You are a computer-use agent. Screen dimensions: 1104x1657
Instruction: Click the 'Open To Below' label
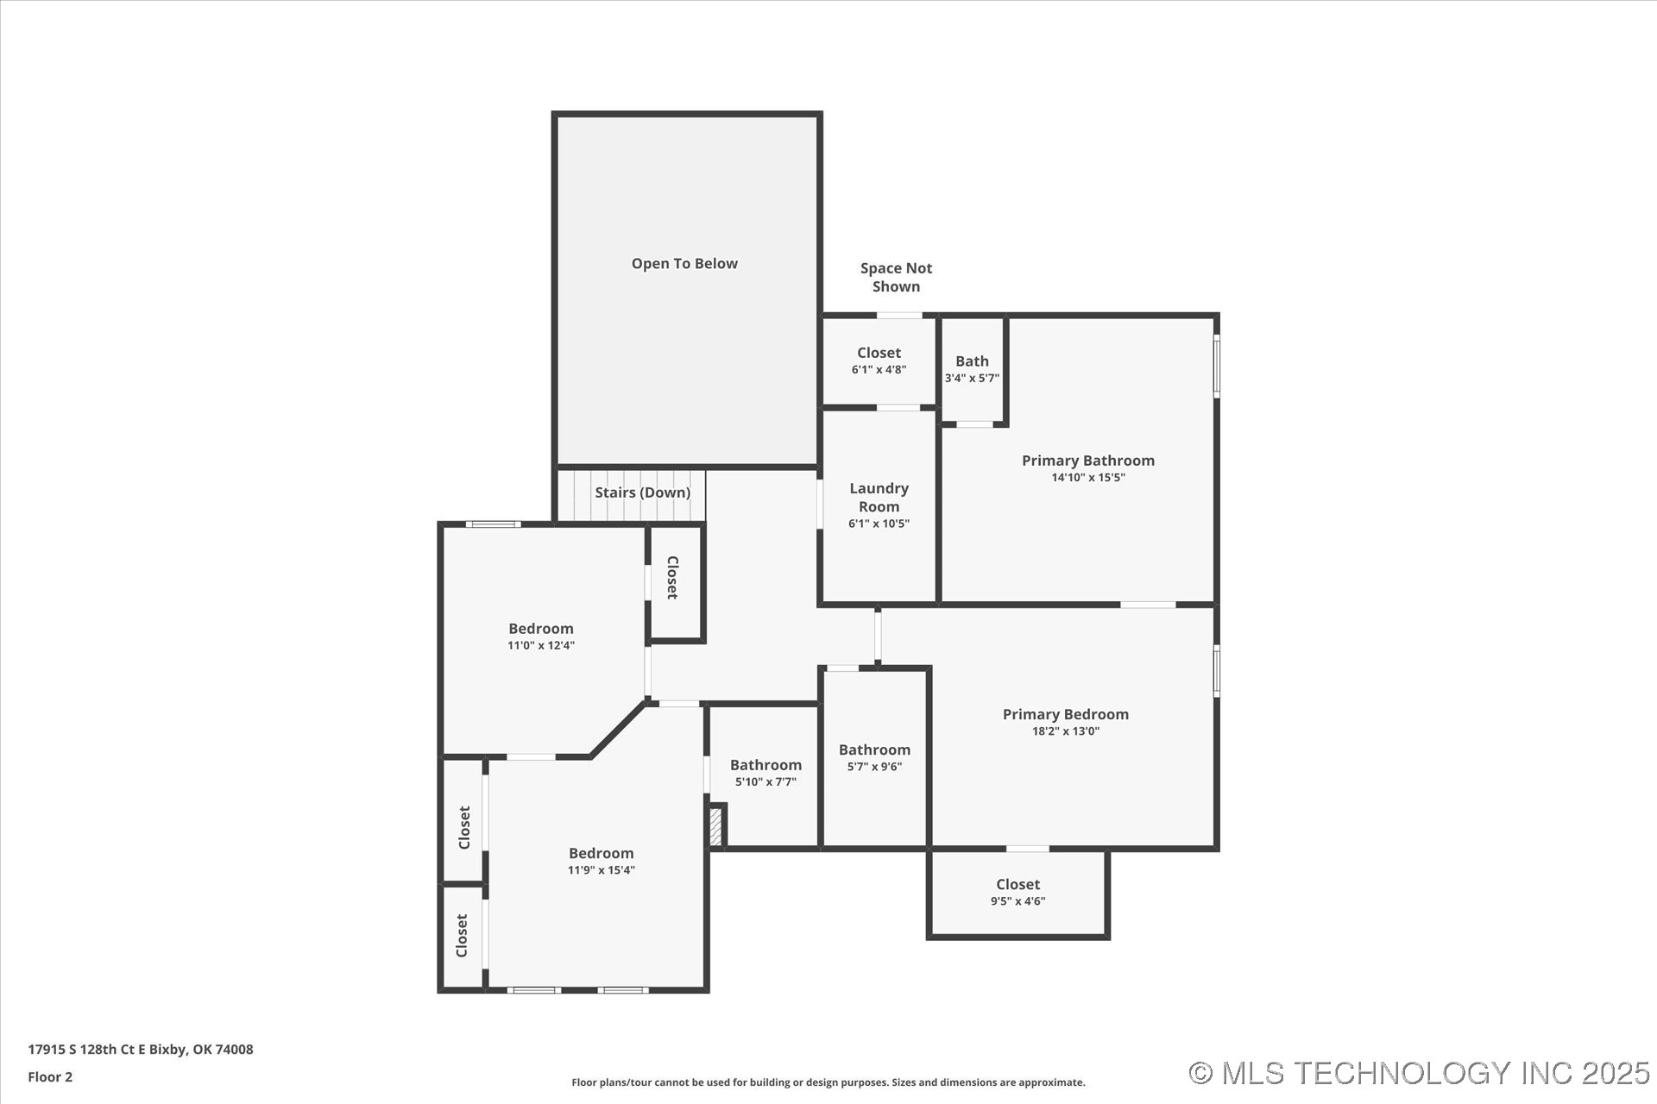coord(684,264)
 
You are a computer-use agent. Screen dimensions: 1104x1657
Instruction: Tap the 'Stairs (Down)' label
coord(642,492)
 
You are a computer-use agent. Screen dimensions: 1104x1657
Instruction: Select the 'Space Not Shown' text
coord(896,278)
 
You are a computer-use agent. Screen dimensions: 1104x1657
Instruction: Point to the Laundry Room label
coord(879,497)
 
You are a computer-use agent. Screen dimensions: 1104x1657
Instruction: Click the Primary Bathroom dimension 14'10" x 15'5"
coord(1087,478)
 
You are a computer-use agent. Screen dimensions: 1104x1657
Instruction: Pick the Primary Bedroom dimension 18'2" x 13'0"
coord(1065,731)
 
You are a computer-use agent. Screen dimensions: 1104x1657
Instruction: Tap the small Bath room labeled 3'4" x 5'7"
coord(972,369)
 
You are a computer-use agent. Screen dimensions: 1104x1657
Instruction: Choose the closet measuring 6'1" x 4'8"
coord(879,361)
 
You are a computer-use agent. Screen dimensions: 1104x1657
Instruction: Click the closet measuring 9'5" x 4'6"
coord(1018,893)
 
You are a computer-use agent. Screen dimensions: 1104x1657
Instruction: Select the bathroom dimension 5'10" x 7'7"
coord(765,782)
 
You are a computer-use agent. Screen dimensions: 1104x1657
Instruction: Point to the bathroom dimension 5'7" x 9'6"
coord(874,767)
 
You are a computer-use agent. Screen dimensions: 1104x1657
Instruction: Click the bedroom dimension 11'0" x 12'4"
coord(540,645)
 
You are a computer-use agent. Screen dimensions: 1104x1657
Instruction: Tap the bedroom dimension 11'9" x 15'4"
coord(601,870)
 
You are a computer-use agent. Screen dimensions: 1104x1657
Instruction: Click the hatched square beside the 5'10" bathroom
coord(715,826)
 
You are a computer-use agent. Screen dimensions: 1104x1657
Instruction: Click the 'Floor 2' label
coord(50,1076)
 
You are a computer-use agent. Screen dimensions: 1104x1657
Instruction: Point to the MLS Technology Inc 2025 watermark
coord(1419,1073)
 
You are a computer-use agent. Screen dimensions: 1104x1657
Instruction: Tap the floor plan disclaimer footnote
coord(828,1082)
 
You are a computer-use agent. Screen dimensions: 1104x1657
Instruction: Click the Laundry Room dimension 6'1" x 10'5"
coord(879,524)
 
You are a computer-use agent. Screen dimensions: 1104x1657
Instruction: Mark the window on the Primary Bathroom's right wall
coord(1217,366)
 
